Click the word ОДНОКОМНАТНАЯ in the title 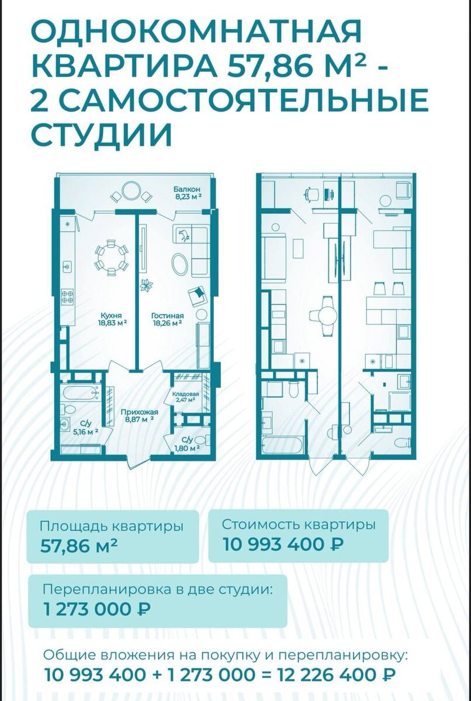[197, 33]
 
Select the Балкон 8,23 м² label [187, 193]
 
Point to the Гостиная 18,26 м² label [168, 319]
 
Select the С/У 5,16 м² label [85, 428]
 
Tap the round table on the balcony [129, 191]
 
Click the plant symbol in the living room [146, 286]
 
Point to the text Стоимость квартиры [299, 525]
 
